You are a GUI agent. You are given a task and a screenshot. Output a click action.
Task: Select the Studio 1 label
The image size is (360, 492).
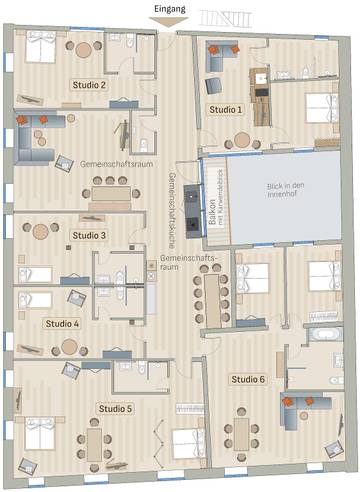225,109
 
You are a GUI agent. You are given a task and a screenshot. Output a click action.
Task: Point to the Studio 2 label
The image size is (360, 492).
89,85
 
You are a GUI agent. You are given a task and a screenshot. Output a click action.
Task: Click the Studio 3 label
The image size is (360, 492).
89,235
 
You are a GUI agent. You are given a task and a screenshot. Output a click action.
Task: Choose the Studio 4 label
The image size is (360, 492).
62,324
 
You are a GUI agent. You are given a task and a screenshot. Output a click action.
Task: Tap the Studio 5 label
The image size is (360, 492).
115,409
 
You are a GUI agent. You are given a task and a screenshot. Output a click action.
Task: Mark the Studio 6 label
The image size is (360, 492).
248,380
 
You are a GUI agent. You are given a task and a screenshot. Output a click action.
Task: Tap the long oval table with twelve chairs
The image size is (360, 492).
211,291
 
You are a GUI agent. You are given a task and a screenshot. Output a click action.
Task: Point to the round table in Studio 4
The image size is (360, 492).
69,348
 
